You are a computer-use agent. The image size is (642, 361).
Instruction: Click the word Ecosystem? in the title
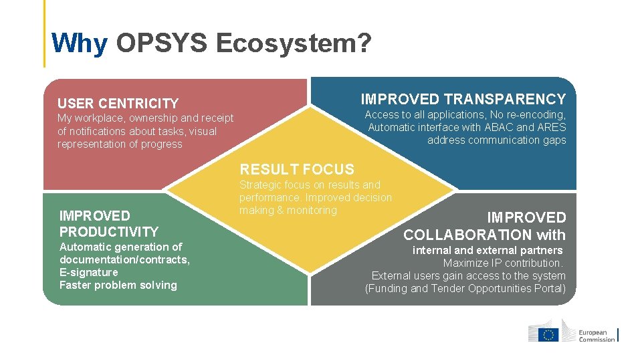coord(294,43)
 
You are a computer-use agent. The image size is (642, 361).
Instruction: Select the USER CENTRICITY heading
coord(118,104)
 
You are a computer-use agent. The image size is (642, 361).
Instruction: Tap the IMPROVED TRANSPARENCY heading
coord(463,100)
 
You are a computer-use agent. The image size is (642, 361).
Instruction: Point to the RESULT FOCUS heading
coord(297,169)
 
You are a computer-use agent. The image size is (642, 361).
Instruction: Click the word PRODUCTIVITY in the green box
coord(109,232)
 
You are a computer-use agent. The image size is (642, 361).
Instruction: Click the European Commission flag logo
coord(550,334)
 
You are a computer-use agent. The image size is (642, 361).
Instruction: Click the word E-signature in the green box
coord(88,272)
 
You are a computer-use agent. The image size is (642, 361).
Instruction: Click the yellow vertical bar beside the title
coord(45,33)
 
